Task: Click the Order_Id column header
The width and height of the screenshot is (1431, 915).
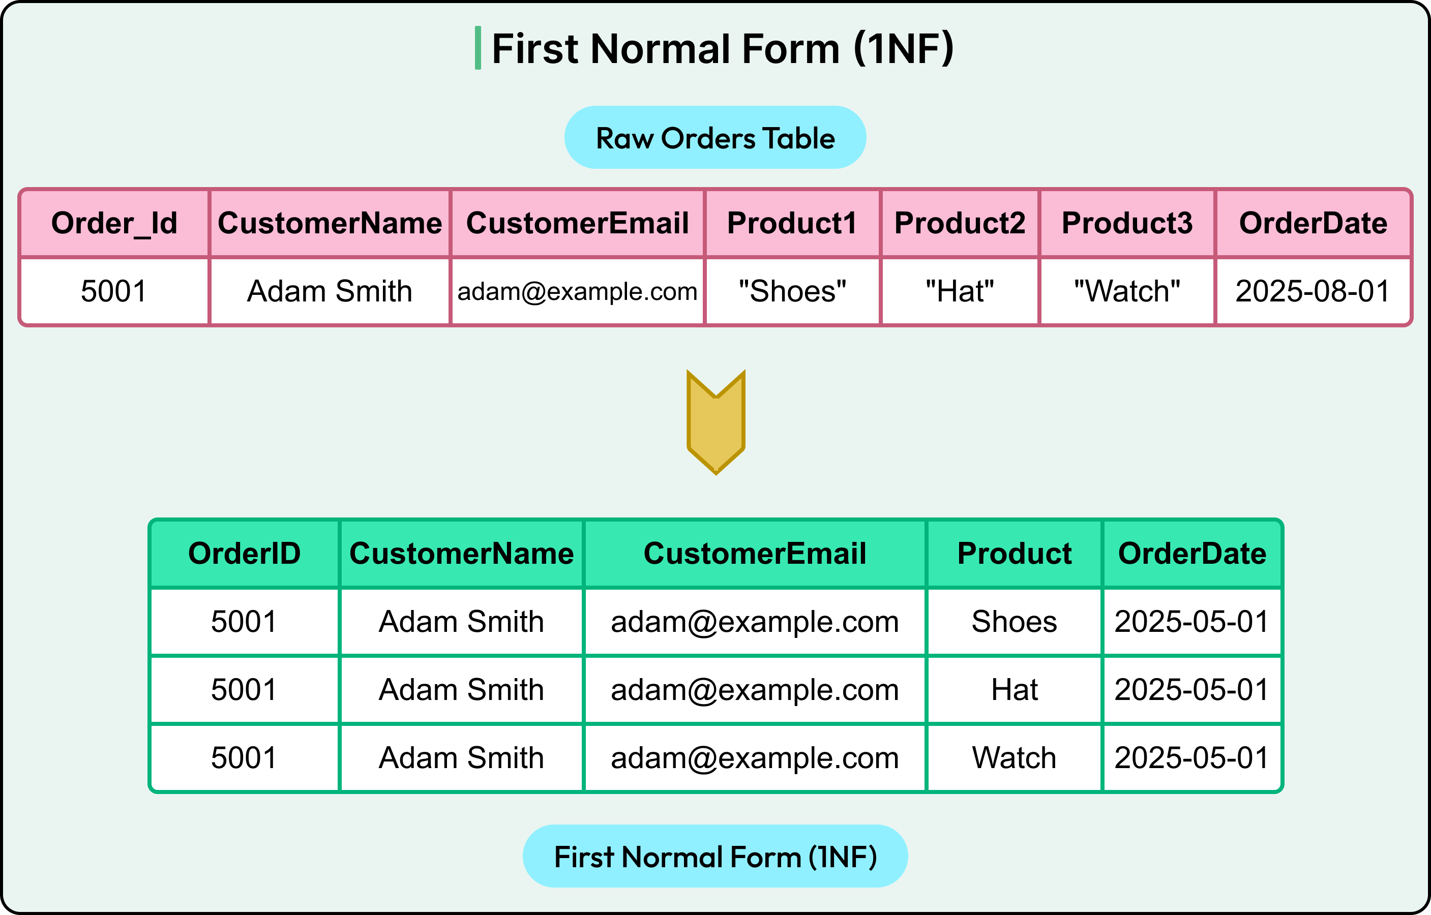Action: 114,223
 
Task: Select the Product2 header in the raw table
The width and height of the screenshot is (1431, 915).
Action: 960,223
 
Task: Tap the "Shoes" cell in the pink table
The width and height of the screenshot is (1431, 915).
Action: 792,291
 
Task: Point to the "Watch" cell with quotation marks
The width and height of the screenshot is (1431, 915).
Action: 1127,291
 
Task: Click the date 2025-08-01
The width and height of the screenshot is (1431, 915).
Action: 1313,291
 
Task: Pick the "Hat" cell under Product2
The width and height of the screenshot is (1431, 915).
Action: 959,291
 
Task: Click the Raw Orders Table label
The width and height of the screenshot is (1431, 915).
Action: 715,138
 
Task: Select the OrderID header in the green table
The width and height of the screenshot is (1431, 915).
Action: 244,554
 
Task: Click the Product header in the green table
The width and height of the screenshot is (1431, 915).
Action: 1014,554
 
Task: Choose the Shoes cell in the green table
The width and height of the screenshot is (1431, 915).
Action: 1014,622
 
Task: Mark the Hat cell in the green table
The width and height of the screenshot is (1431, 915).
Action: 1014,690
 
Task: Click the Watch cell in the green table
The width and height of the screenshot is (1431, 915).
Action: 1014,758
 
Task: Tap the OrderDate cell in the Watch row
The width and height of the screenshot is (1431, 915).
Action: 1191,758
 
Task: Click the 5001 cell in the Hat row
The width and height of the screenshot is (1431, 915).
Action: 244,690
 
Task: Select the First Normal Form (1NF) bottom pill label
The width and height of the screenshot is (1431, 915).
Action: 715,857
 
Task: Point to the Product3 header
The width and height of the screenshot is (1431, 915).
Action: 1127,223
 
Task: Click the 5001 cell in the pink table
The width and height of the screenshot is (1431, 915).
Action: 114,291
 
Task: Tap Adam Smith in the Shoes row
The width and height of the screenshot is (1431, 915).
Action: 461,622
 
